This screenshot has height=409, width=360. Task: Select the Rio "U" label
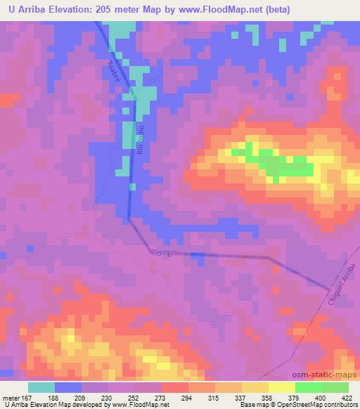[161, 253]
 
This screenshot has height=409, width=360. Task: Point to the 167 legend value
[27, 397]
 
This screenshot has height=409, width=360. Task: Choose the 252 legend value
[132, 397]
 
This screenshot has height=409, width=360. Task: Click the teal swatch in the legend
[41, 387]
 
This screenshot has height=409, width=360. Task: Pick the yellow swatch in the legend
[281, 387]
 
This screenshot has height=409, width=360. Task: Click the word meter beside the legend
[11, 397]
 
